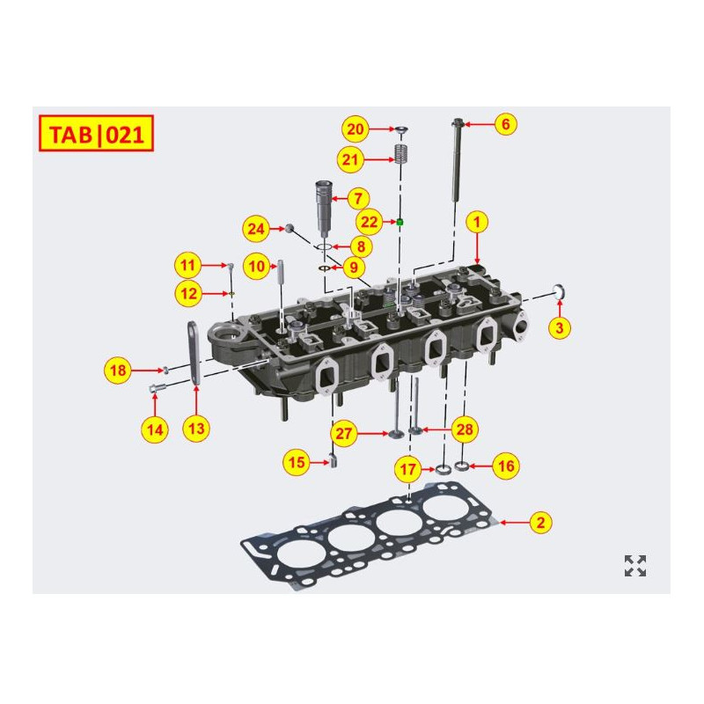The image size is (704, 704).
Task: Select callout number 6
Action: click(505, 124)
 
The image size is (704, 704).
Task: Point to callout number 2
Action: click(541, 523)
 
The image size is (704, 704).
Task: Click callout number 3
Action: click(560, 327)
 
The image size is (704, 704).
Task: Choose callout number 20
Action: click(356, 129)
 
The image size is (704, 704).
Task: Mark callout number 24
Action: click(256, 230)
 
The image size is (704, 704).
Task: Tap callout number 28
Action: click(466, 429)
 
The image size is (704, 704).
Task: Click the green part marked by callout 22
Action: click(400, 222)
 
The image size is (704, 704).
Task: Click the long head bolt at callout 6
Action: click(457, 167)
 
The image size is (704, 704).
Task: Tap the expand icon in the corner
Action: click(635, 566)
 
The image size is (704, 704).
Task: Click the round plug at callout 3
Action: click(558, 292)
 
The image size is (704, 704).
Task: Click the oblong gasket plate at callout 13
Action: click(192, 352)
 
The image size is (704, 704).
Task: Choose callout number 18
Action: click(118, 370)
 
